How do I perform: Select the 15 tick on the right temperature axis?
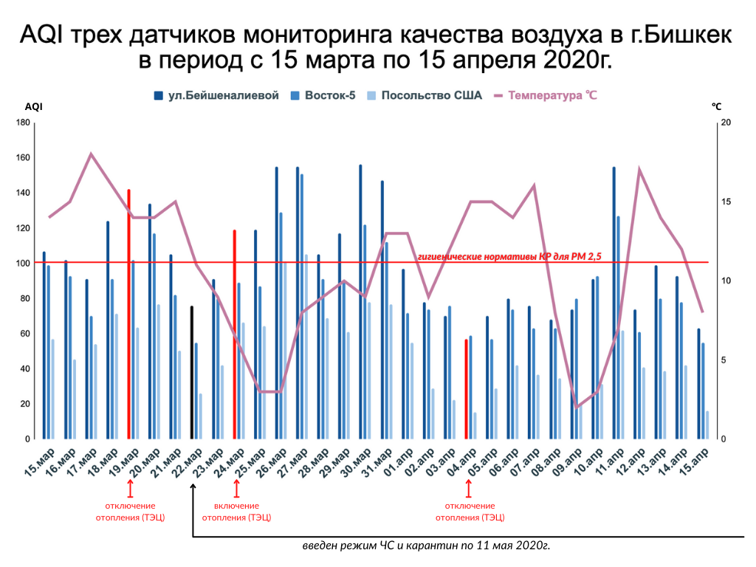tap(725, 202)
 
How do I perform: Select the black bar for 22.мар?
tap(192, 372)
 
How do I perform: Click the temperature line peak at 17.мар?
tap(91, 154)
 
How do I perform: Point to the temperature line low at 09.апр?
tap(577, 408)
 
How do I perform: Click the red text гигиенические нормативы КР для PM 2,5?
tap(509, 256)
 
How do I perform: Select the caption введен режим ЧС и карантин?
tap(426, 546)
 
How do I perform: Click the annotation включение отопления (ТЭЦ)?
tap(236, 512)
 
